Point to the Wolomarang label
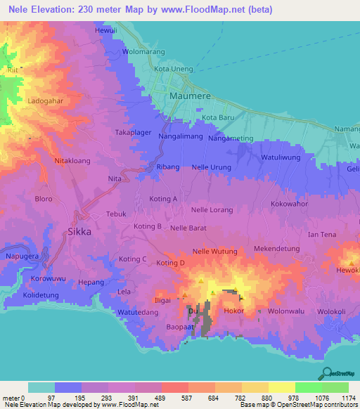coord(143,51)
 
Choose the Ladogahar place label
coord(46,100)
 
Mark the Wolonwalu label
coord(287,310)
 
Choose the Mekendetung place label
coord(276,249)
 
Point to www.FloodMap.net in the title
coord(215,9)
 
